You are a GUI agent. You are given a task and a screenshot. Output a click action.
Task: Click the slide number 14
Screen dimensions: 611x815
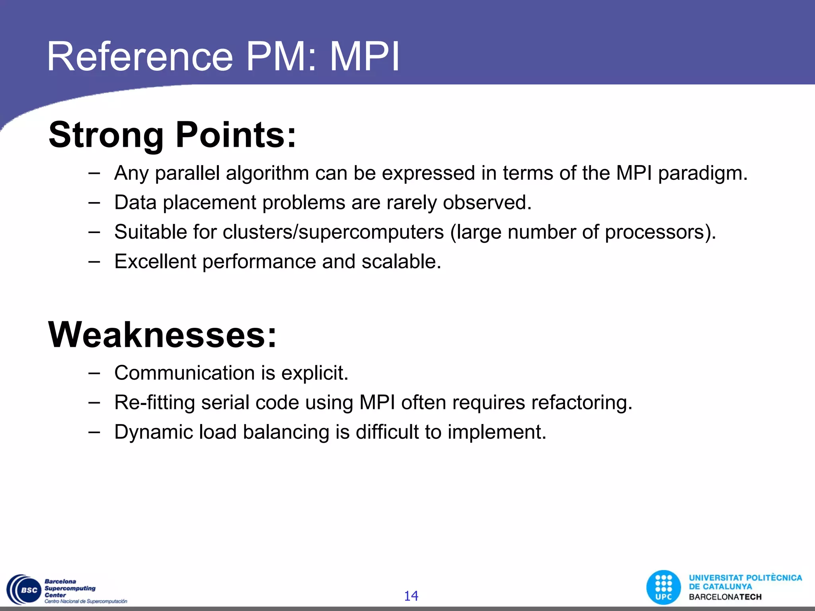pos(411,595)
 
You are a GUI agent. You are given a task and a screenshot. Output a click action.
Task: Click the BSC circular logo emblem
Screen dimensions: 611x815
pos(24,590)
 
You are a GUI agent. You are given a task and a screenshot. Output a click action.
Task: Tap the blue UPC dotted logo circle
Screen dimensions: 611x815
pos(664,587)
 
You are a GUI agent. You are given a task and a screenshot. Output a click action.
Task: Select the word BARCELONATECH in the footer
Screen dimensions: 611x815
pos(725,597)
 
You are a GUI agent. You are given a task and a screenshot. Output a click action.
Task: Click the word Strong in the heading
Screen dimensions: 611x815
pos(106,135)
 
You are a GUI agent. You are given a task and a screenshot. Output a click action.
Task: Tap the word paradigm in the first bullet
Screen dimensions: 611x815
pos(702,173)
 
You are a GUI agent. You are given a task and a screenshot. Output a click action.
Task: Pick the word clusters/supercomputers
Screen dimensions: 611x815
pos(333,232)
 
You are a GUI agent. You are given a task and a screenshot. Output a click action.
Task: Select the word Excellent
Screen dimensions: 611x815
pos(155,261)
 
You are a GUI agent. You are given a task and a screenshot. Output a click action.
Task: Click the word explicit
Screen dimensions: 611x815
pos(314,373)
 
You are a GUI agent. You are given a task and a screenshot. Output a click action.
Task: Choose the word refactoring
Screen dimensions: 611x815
pos(581,403)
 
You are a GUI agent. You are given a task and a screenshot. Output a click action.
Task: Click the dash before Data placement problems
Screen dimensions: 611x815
pos(94,202)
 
